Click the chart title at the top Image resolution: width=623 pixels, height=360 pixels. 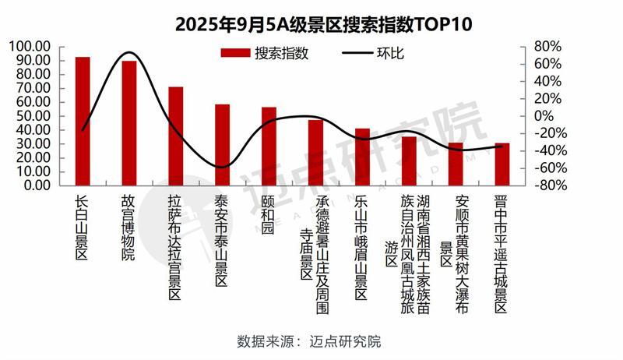tap(312, 23)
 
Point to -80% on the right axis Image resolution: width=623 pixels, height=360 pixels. tap(545, 185)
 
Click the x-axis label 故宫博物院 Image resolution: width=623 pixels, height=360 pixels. tap(128, 228)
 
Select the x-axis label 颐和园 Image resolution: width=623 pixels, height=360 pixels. tap(269, 214)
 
